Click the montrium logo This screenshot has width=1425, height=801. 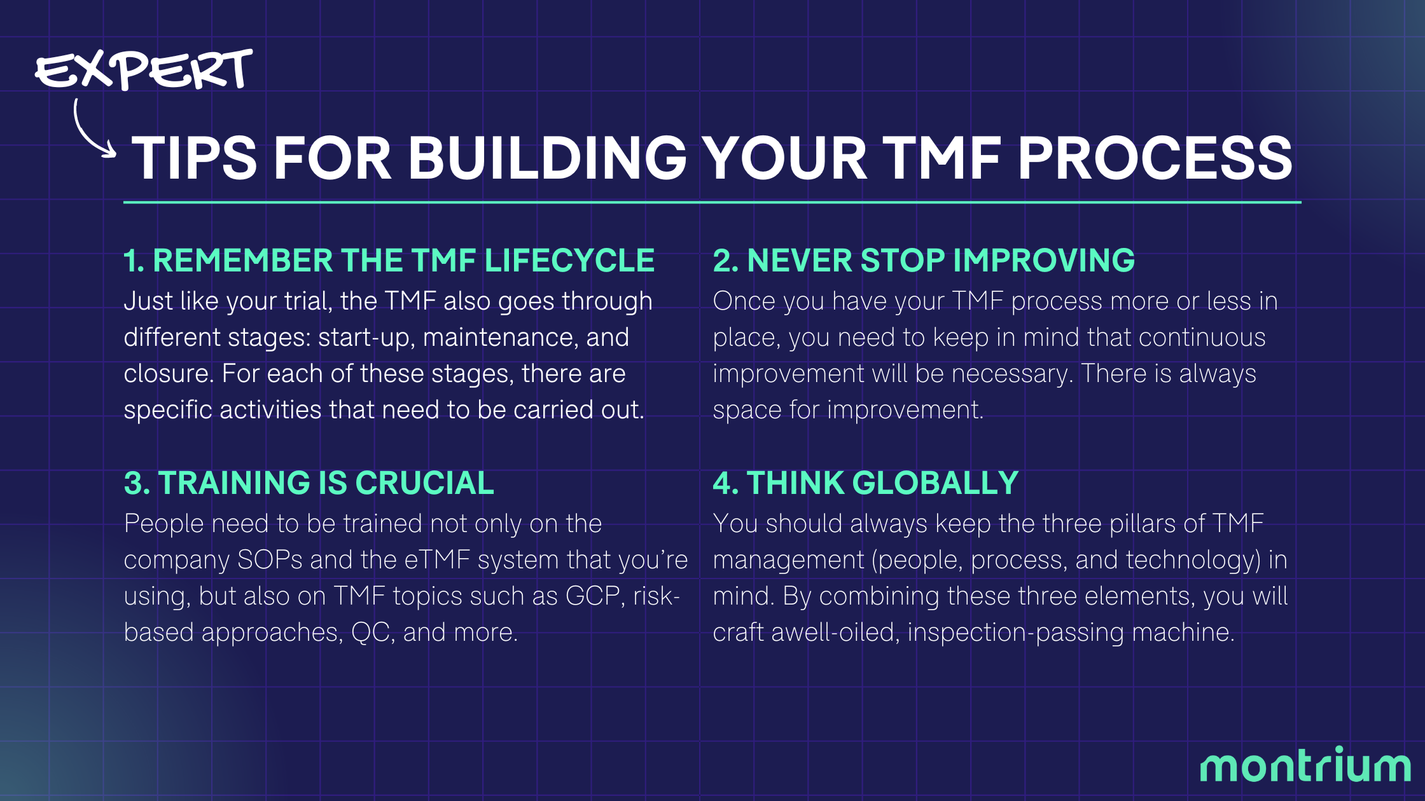pyautogui.click(x=1305, y=765)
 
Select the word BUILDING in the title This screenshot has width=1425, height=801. pyautogui.click(x=547, y=159)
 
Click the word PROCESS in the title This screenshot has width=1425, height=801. pyautogui.click(x=1155, y=159)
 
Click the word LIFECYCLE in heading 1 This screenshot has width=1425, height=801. pyautogui.click(x=569, y=261)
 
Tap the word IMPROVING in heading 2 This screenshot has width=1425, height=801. pyautogui.click(x=1043, y=261)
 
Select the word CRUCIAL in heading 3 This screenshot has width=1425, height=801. pyautogui.click(x=424, y=483)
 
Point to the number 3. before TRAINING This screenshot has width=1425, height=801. pyautogui.click(x=137, y=483)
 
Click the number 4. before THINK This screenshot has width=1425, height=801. pyautogui.click(x=725, y=483)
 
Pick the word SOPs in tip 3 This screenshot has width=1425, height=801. pyautogui.click(x=270, y=560)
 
